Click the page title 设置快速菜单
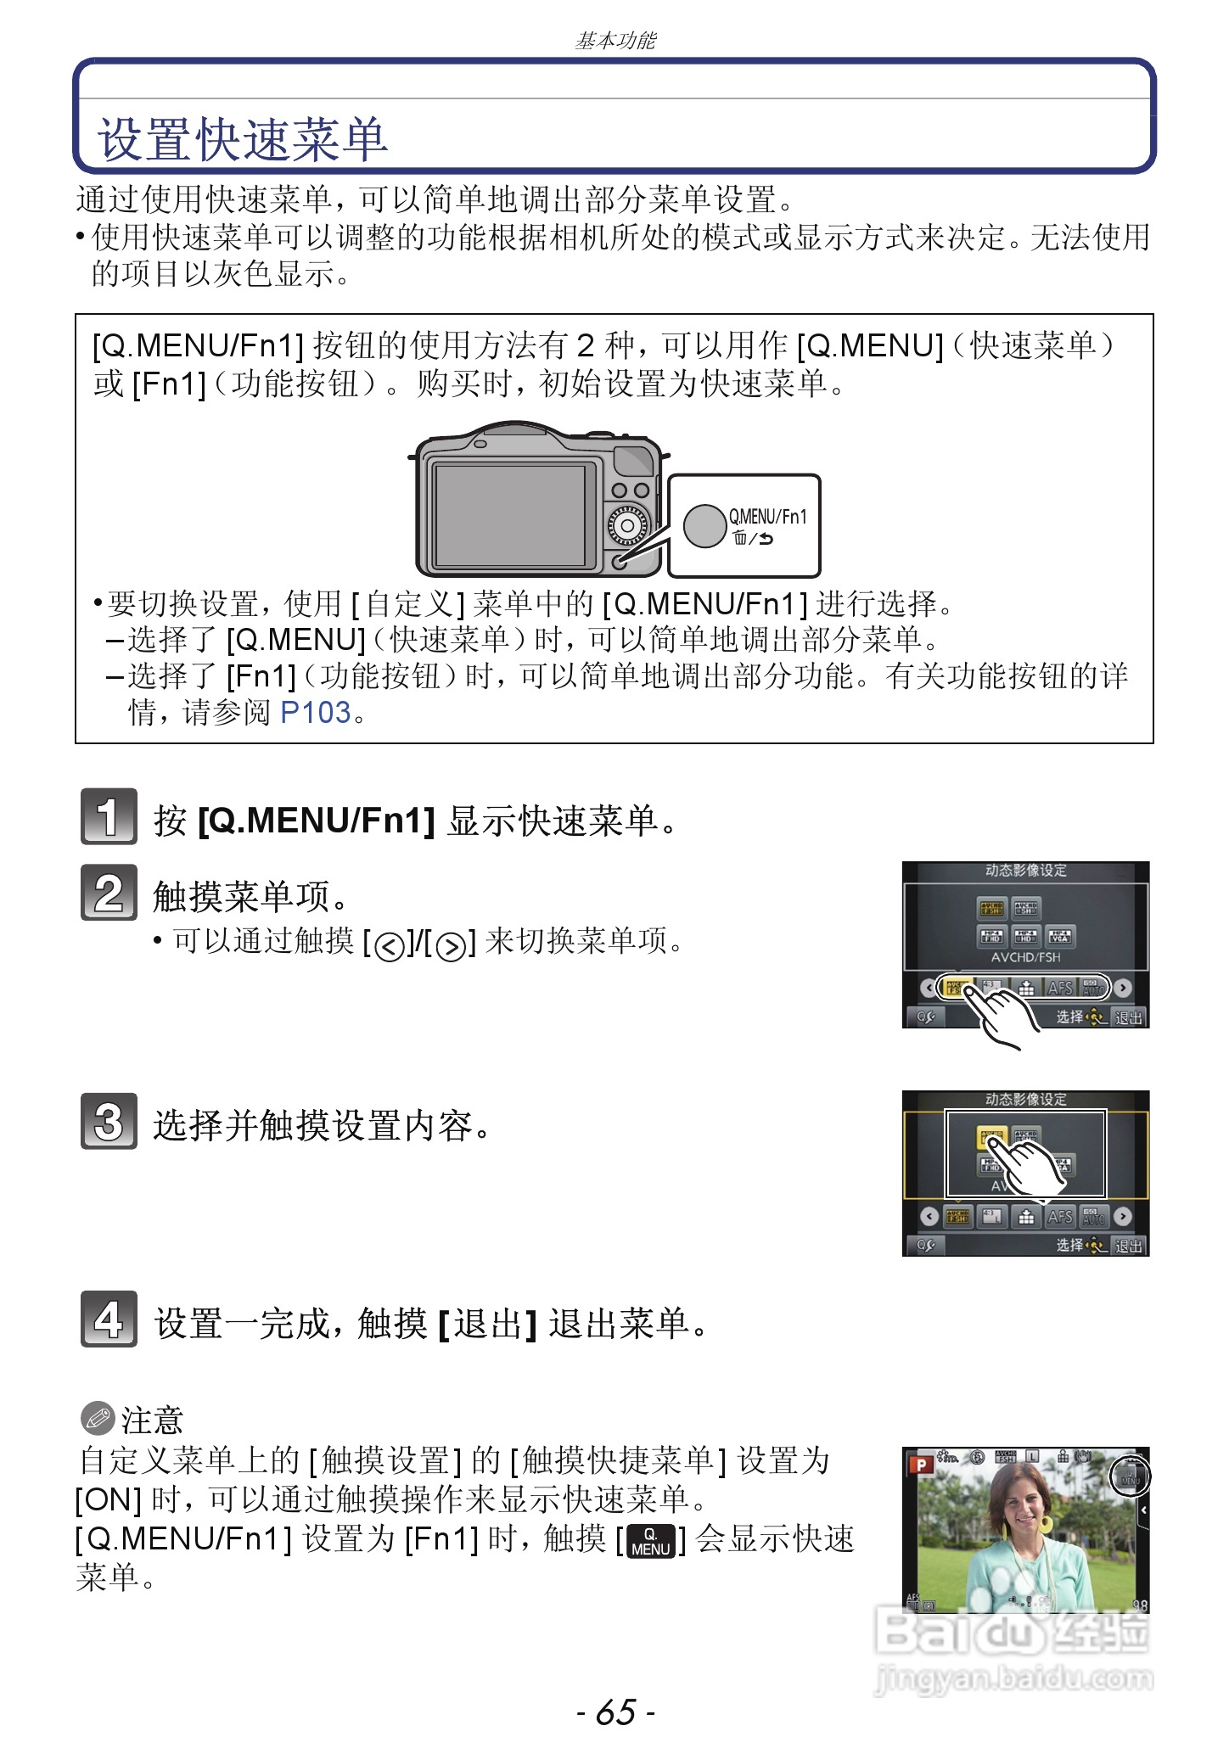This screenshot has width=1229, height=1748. click(243, 140)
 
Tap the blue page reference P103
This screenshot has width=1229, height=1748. click(315, 713)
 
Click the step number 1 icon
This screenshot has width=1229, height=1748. click(109, 816)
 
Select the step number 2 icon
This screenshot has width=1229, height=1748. click(109, 892)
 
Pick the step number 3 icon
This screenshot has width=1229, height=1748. click(109, 1121)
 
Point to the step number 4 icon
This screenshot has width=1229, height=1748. click(109, 1319)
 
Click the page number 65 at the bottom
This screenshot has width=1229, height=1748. click(615, 1712)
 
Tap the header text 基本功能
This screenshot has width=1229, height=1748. click(614, 41)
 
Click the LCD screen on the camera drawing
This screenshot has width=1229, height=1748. click(509, 514)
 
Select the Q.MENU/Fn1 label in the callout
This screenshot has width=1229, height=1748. click(767, 516)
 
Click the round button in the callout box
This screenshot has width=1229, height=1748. click(704, 526)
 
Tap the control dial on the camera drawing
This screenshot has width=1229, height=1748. click(627, 526)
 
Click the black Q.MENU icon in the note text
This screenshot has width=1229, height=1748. click(650, 1541)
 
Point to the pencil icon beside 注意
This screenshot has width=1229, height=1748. click(97, 1417)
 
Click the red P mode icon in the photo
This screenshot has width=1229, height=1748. click(920, 1465)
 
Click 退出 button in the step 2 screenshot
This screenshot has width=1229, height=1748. click(1128, 1017)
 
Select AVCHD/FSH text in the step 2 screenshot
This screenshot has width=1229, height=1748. click(1025, 957)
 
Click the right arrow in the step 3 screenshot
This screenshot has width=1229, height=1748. click(1123, 1217)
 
